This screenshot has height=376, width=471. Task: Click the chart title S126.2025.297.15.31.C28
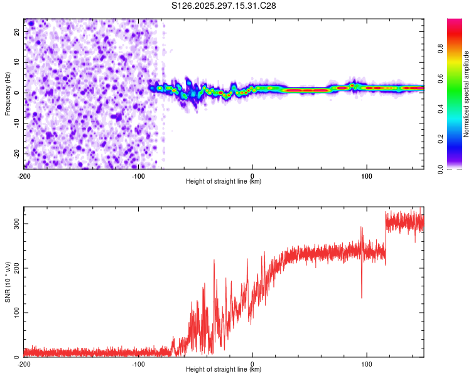pos(224,6)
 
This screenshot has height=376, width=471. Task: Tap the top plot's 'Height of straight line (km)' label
pos(224,181)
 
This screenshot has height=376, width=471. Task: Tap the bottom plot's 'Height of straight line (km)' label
pos(224,369)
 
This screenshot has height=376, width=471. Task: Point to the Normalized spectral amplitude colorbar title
pos(466,94)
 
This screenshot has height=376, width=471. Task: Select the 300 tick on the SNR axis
pos(15,224)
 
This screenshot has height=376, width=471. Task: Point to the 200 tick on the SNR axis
pos(15,268)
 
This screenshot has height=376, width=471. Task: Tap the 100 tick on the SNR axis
pos(15,313)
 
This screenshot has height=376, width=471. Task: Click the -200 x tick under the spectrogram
pos(24,175)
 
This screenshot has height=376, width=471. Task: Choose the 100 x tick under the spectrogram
pos(367,175)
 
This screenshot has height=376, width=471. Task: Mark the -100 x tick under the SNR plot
pos(138,363)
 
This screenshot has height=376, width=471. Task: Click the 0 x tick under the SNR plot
pos(252,363)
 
